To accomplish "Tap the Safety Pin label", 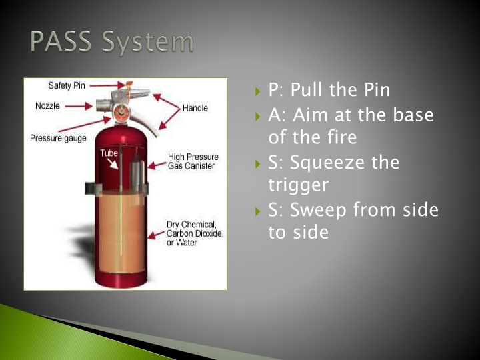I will click(67, 86).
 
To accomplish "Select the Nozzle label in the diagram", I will click(47, 105).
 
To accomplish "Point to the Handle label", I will click(195, 108).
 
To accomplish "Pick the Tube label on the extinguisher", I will click(109, 153).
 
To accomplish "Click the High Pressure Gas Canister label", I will click(193, 161).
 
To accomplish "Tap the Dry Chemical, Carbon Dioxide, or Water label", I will click(195, 233).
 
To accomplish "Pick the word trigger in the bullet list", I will click(298, 185).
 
